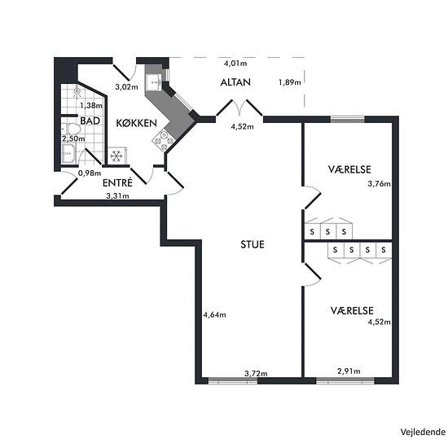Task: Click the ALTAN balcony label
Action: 235,82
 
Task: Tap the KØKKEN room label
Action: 136,123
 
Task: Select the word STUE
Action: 253,244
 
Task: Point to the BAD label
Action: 90,121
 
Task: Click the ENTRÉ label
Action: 117,182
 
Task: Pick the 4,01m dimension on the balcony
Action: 235,64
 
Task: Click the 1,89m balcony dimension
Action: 290,82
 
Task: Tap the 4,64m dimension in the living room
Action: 214,314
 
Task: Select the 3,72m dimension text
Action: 256,373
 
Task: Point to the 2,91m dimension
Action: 349,371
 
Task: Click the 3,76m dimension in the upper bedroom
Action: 379,184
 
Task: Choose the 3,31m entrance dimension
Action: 117,195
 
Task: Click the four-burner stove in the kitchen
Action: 164,141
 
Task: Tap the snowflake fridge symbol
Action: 116,156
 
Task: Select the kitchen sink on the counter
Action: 154,82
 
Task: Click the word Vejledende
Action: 423,432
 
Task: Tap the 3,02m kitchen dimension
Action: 126,86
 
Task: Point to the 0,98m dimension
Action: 90,173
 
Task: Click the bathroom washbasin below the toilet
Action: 68,153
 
